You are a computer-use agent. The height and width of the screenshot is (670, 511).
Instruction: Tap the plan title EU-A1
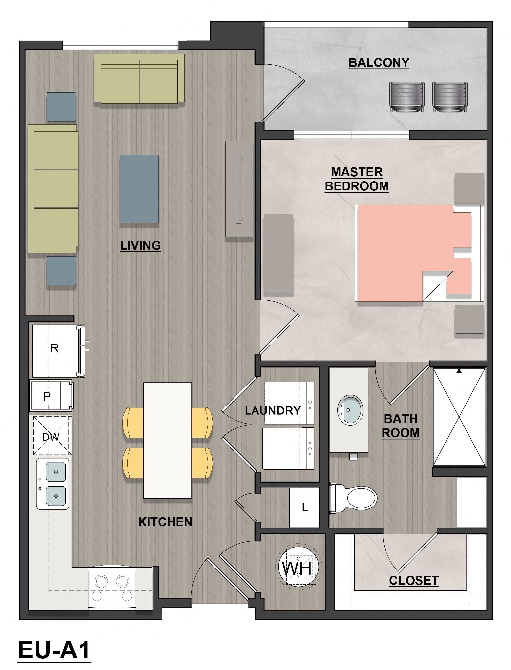click(x=54, y=649)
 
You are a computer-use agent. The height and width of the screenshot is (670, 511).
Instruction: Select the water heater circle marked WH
click(x=297, y=568)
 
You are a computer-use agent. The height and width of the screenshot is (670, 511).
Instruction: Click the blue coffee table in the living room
click(x=139, y=189)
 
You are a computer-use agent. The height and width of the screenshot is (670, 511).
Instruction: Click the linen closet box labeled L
click(x=304, y=507)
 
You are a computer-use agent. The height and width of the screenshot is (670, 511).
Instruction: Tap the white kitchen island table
click(x=167, y=440)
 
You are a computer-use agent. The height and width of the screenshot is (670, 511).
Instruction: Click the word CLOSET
click(x=414, y=580)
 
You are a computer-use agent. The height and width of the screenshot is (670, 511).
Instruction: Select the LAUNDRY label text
click(x=273, y=411)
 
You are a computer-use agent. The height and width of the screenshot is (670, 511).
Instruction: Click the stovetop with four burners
click(x=112, y=589)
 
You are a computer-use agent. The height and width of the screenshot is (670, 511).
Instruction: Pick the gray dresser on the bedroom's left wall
click(x=278, y=253)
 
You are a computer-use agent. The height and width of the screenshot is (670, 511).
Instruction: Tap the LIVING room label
click(x=140, y=245)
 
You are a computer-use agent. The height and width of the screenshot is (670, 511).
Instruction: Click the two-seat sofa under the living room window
click(x=139, y=79)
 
